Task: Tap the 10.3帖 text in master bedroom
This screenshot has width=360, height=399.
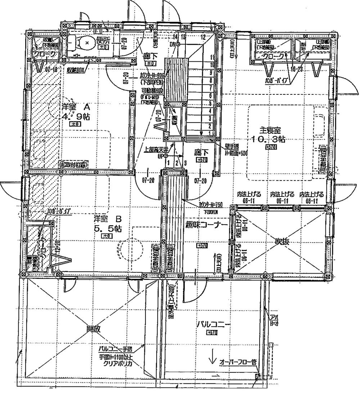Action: point(269,139)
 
